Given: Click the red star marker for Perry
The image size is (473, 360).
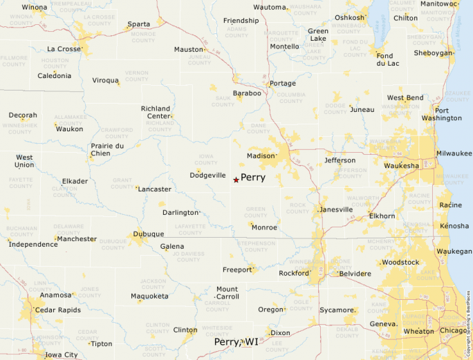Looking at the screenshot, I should pyautogui.click(x=236, y=180).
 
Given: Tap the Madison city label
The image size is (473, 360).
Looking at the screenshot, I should pyautogui.click(x=261, y=156).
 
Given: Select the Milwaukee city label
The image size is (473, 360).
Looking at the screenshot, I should pyautogui.click(x=453, y=153).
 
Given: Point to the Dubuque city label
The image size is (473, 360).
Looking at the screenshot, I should pyautogui.click(x=148, y=234).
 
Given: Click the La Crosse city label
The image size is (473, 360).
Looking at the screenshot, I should pyautogui.click(x=64, y=49).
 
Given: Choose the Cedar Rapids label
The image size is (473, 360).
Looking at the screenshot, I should pyautogui.click(x=57, y=310).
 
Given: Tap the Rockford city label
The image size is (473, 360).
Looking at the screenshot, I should pyautogui.click(x=293, y=273).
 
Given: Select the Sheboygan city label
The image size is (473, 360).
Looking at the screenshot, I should pyautogui.click(x=433, y=53).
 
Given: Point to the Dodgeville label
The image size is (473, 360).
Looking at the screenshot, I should pyautogui.click(x=207, y=176).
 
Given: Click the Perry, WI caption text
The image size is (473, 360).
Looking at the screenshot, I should pyautogui.click(x=236, y=342).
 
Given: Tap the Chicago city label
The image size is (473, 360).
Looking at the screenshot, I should pyautogui.click(x=454, y=331).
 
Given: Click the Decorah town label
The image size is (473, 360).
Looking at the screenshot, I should pyautogui.click(x=23, y=115).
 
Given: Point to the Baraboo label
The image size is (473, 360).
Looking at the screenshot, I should pyautogui.click(x=247, y=93).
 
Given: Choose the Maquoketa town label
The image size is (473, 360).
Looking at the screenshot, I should pyautogui.click(x=149, y=296).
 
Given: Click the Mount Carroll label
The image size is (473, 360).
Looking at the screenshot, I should pyautogui.click(x=227, y=293).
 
